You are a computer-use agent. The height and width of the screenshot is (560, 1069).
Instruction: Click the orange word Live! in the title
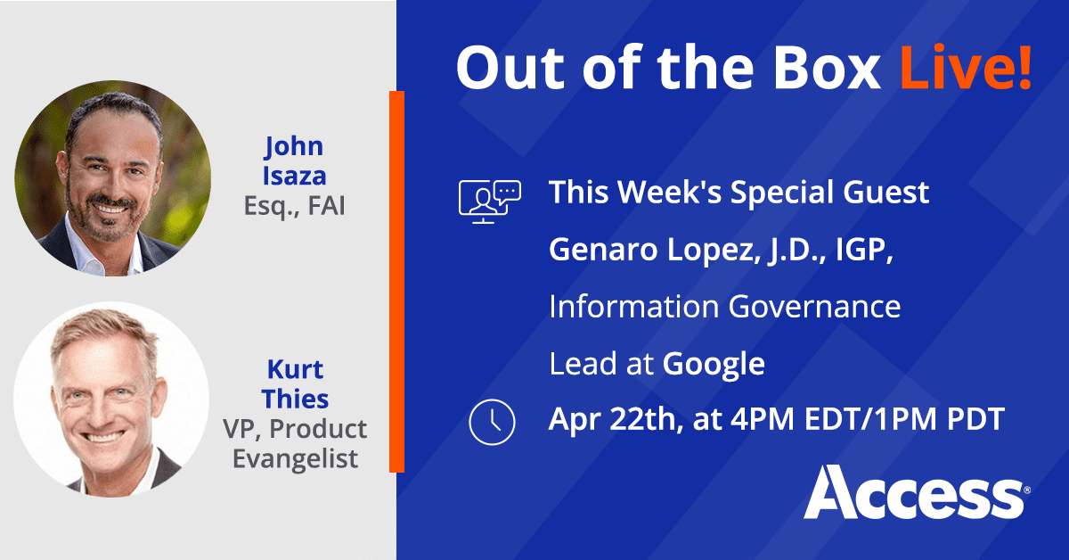966,68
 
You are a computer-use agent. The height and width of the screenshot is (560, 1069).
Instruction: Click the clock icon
492,420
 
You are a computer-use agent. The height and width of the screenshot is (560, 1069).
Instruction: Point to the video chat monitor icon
488,199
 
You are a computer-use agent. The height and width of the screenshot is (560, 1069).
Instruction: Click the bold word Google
714,364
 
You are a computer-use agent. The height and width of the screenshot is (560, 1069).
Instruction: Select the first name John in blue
293,145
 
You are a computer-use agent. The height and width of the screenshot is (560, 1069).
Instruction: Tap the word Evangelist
293,458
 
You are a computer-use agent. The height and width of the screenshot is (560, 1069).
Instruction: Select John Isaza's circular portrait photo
113,177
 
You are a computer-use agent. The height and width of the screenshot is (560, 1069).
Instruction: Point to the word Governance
815,307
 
